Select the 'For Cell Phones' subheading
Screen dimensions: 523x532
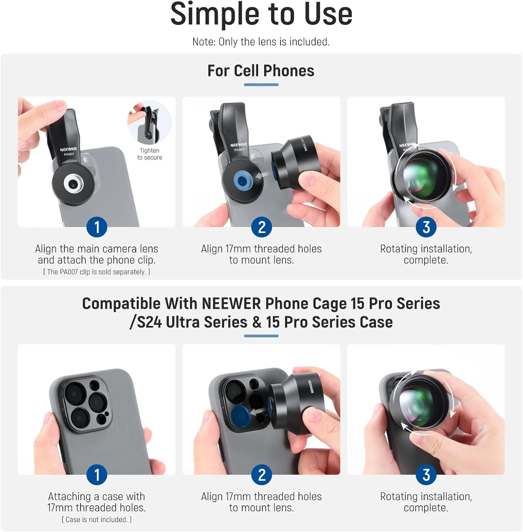(x=261, y=71)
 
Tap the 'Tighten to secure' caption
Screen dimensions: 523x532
(x=150, y=154)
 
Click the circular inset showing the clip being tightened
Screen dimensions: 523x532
(x=149, y=122)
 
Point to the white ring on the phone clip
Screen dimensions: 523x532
(x=74, y=184)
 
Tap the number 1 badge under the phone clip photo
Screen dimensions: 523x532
(x=97, y=227)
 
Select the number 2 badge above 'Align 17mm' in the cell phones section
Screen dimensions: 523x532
(x=262, y=227)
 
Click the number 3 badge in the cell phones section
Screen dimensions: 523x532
(x=426, y=227)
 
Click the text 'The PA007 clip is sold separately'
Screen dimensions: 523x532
(x=96, y=272)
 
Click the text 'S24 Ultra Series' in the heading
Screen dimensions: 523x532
(x=192, y=322)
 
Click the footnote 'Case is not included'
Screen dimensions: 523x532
(x=96, y=520)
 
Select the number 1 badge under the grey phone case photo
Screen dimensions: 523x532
(x=97, y=475)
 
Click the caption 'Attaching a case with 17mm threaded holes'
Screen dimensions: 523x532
(x=96, y=502)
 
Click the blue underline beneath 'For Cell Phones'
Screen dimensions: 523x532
(x=261, y=85)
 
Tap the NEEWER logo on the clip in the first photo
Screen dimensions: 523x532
(x=68, y=150)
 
